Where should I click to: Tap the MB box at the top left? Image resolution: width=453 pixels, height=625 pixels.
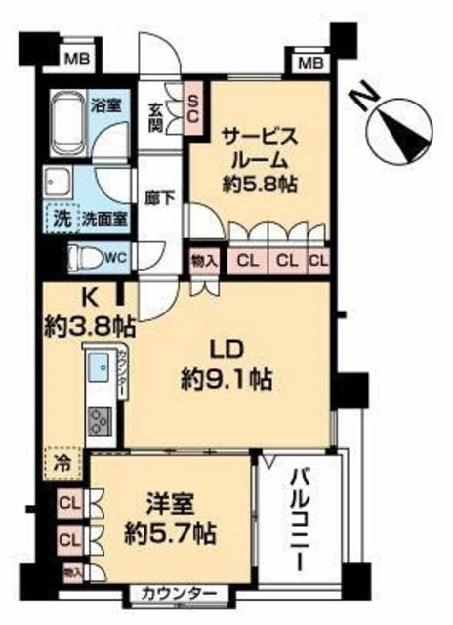[x=74, y=60]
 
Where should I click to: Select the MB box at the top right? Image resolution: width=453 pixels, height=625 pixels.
[x=309, y=64]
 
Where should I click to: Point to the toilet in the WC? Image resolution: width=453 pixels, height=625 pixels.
[x=86, y=260]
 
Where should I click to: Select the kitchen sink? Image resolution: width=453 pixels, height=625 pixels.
[x=98, y=371]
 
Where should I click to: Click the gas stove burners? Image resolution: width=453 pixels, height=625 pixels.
[x=99, y=423]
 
